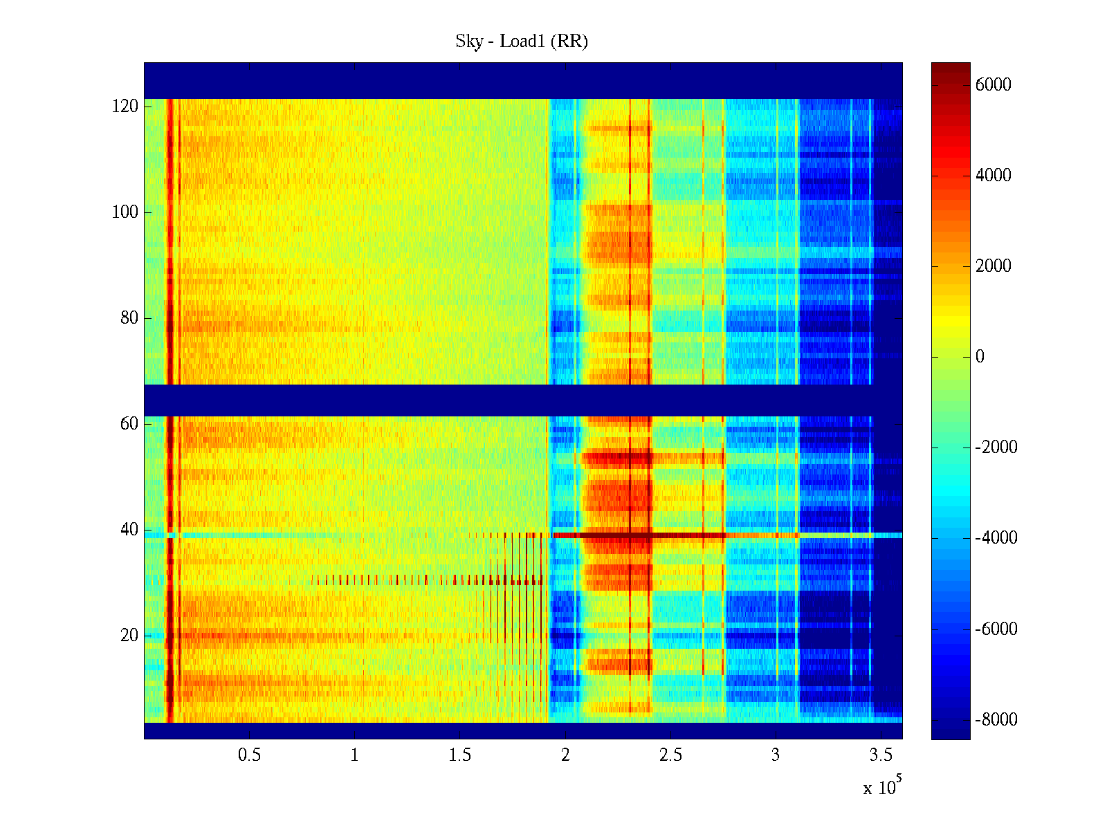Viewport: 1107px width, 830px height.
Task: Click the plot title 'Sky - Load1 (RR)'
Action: (522, 41)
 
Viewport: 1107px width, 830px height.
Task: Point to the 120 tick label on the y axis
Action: (125, 107)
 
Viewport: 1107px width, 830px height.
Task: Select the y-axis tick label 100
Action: (125, 212)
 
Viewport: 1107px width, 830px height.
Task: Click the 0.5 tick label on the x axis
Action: (249, 755)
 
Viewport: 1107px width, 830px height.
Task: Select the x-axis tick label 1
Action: (354, 755)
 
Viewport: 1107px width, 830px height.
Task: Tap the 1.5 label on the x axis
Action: (459, 755)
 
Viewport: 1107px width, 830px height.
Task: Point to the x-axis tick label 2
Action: (565, 755)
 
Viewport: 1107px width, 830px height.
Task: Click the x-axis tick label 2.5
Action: (670, 755)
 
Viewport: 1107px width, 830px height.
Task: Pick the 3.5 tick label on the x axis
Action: (881, 755)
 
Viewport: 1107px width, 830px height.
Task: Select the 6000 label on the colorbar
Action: (993, 85)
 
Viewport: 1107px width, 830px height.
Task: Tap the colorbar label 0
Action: (980, 357)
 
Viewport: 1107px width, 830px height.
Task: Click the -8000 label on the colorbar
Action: (996, 720)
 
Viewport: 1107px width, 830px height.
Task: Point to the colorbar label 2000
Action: (993, 266)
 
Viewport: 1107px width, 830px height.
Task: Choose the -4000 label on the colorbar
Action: (996, 538)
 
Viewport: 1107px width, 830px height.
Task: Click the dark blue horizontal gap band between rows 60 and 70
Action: (523, 400)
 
